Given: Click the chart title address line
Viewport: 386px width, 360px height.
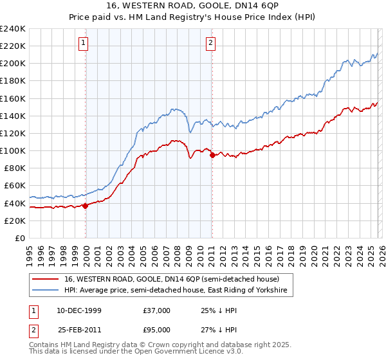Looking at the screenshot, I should coord(192,6).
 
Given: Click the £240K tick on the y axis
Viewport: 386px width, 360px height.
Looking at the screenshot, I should coord(13,29).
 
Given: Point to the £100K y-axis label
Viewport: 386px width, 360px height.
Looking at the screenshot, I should coord(13,150).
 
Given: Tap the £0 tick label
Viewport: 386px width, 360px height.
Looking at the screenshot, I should coord(19,238).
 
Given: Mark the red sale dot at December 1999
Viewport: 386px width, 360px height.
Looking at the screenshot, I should coord(86,206).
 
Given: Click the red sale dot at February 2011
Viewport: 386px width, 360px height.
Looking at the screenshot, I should coord(212,155).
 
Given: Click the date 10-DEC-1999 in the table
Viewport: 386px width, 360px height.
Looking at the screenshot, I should coord(78,310).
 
